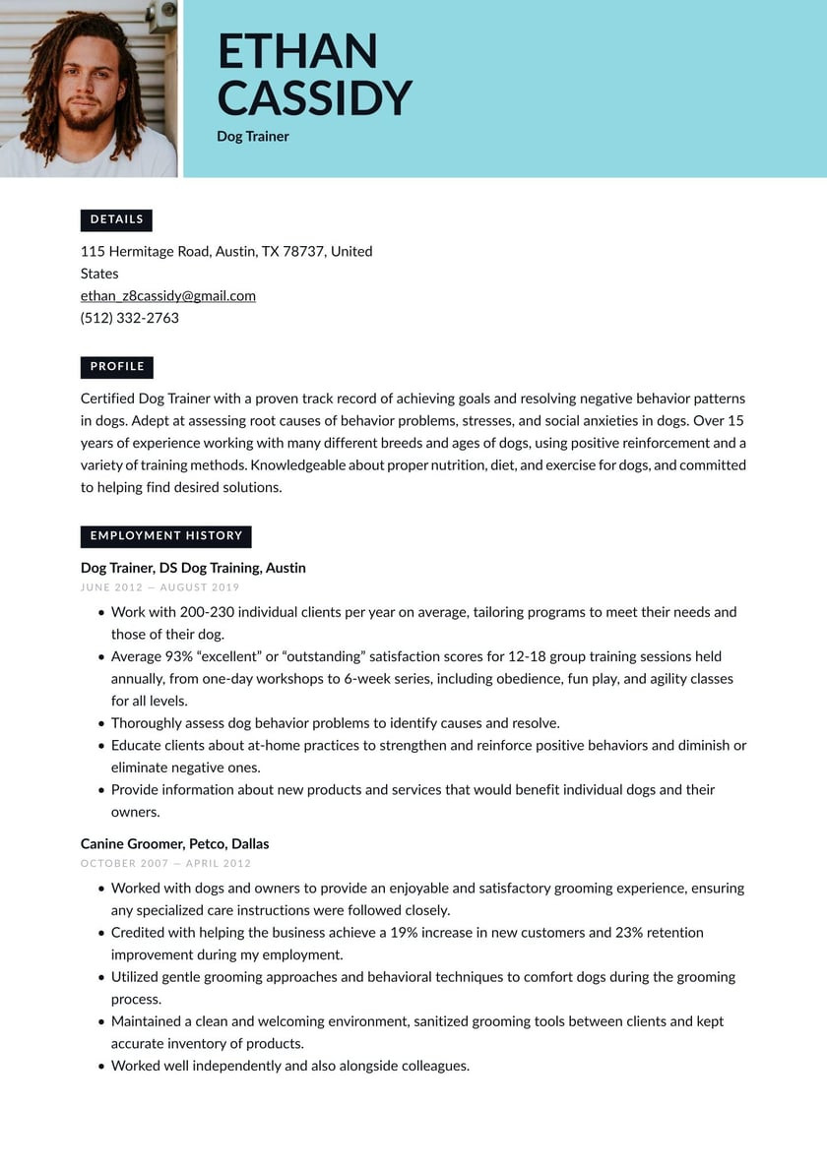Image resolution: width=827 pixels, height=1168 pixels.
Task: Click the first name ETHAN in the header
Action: pos(297,52)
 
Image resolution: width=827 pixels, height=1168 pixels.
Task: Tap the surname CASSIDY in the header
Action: pos(314,98)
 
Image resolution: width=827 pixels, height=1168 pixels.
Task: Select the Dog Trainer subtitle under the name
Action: pos(253,137)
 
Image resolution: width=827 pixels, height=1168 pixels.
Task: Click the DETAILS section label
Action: pos(116,219)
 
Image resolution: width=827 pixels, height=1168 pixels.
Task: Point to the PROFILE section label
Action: pos(117,367)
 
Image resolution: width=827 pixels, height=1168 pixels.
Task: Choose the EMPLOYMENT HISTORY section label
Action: pos(165,536)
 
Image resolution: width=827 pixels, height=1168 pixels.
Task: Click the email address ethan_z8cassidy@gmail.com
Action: pos(168,296)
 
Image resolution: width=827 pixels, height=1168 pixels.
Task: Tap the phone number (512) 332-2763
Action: pos(130,318)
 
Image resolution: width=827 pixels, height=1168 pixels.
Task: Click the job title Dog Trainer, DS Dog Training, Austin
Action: pos(193,568)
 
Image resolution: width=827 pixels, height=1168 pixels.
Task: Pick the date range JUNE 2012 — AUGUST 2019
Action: pos(160,587)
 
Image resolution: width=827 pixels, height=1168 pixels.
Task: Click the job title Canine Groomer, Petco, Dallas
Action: pos(174,844)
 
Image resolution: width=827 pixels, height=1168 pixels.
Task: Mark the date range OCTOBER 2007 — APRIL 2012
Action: pos(165,864)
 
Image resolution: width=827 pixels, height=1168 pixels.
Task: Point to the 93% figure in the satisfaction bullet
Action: pos(178,656)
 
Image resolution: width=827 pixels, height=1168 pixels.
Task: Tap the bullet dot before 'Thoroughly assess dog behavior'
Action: pos(100,724)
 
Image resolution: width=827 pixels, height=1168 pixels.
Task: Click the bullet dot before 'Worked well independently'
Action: pos(100,1067)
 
